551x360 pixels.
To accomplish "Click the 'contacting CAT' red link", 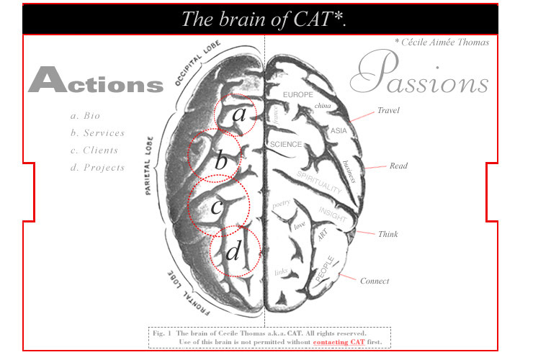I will [x=339, y=342].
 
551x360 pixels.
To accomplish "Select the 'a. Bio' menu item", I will [x=85, y=116].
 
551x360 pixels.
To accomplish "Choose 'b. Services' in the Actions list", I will [x=98, y=133].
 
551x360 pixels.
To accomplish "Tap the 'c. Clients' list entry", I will [x=94, y=150].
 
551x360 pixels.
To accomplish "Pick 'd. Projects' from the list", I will [x=98, y=168].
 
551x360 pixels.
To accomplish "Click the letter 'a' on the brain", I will [x=238, y=115].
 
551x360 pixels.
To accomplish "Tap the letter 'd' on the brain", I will [x=233, y=253].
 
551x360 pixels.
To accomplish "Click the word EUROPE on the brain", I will [x=297, y=95].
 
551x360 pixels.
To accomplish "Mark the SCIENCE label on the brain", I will [x=285, y=145].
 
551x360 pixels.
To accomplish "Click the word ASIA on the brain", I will [x=339, y=131].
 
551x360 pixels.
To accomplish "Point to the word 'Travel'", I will [x=388, y=111].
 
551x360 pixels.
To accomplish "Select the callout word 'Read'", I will [x=398, y=166].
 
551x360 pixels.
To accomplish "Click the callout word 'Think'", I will [x=388, y=235].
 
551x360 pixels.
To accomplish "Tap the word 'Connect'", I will [x=375, y=281].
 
